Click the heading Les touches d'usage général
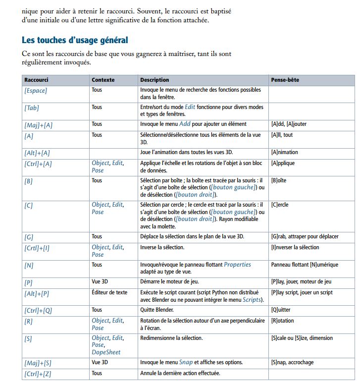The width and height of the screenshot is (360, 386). pos(75,40)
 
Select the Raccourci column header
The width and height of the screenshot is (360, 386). pos(36,79)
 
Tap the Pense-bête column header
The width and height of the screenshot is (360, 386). pos(285,79)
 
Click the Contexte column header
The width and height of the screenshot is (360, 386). pos(103,79)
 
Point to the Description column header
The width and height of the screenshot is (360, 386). pos(154,79)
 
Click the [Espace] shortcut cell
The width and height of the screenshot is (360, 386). pos(36,91)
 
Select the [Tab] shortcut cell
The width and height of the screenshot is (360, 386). pos(32,108)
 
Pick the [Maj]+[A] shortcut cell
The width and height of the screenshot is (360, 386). pos(38,125)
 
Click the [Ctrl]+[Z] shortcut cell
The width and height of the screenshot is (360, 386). pos(38,373)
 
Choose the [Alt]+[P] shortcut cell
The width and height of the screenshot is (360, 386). pos(37,293)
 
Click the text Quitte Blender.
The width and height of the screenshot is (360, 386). pos(158,310)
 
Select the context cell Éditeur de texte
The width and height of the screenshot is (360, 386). pos(109,292)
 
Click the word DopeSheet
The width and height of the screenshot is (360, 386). pos(106,352)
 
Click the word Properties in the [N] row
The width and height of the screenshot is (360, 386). pos(237,265)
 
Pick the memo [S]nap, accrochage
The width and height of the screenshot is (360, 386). pos(292,362)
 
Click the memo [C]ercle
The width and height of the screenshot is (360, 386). pos(280,205)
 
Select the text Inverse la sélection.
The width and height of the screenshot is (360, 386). pos(162,247)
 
